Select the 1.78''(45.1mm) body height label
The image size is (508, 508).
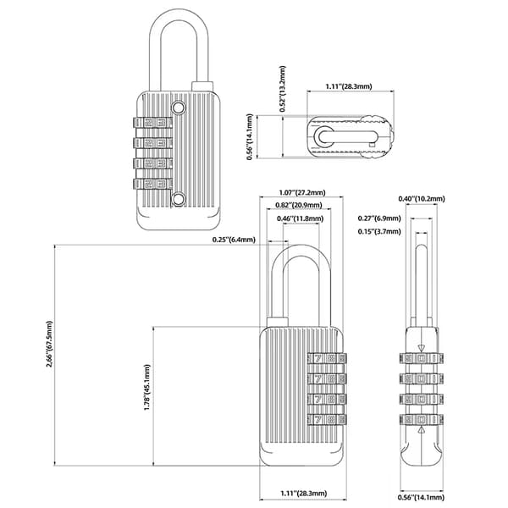pyautogui.click(x=147, y=388)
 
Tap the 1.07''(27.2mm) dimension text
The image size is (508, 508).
pyautogui.click(x=302, y=192)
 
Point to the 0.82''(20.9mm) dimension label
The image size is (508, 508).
pyautogui.click(x=299, y=205)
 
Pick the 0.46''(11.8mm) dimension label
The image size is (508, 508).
pyautogui.click(x=300, y=218)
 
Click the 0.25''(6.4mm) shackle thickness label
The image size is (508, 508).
pyautogui.click(x=234, y=240)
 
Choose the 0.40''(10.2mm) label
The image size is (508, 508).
pyautogui.click(x=422, y=199)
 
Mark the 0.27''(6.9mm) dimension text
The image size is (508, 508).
pyautogui.click(x=379, y=218)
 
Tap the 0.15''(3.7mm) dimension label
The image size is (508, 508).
pyautogui.click(x=379, y=232)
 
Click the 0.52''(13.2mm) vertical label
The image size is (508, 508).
pyautogui.click(x=283, y=89)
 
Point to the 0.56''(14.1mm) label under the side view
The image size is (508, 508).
pyautogui.click(x=421, y=497)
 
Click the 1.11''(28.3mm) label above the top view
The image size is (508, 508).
pyautogui.click(x=349, y=86)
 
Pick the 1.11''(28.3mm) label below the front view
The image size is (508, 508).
pyautogui.click(x=304, y=494)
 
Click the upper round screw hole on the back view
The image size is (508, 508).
pyautogui.click(x=178, y=108)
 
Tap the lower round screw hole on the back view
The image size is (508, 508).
pyautogui.click(x=178, y=199)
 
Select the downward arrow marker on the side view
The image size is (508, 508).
pyautogui.click(x=421, y=349)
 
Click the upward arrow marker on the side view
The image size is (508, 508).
pyautogui.click(x=421, y=430)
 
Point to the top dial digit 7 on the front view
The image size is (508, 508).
pyautogui.click(x=317, y=359)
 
